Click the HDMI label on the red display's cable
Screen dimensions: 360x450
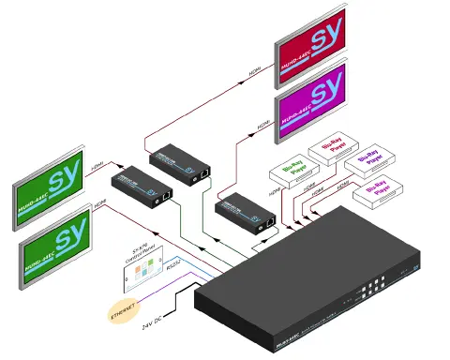tap(254, 72)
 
